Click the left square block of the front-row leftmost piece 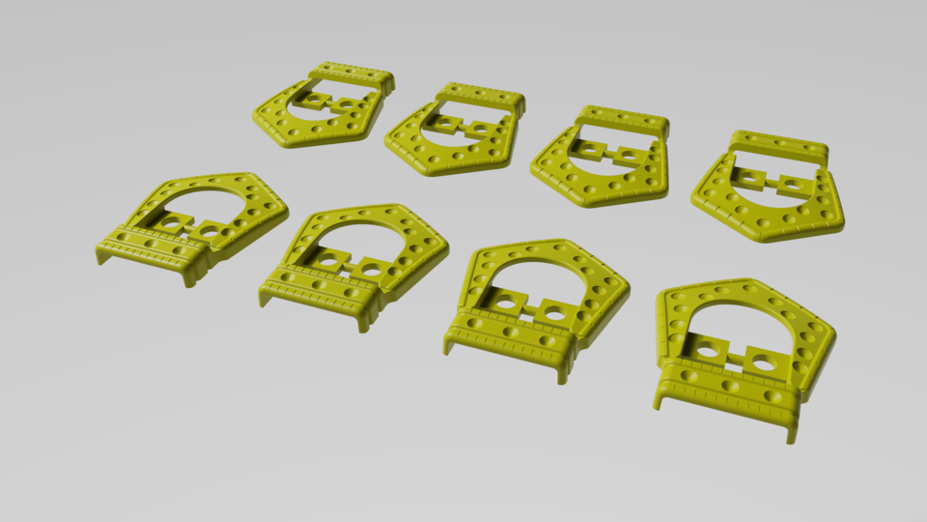[173, 223]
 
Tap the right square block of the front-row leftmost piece [211, 232]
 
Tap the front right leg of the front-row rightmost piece [793, 434]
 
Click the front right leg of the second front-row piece [364, 323]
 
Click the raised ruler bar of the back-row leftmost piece [351, 73]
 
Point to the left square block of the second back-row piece [444, 124]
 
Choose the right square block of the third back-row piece [628, 154]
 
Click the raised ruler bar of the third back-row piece [623, 119]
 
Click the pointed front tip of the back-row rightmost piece [768, 238]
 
